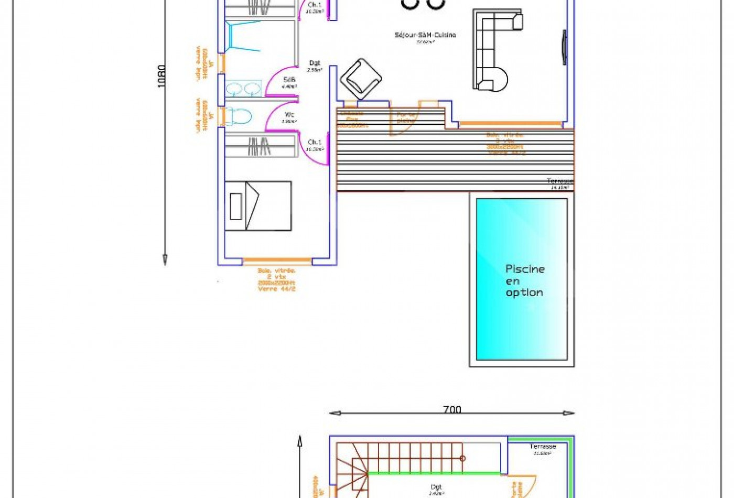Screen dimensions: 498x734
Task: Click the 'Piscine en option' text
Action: tap(524, 281)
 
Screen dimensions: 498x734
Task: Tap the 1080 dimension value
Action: tap(161, 75)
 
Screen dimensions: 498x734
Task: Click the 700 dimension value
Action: tap(451, 409)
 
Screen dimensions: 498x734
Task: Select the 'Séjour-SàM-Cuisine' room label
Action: tap(425, 35)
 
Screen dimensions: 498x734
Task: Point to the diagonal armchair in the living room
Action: tap(361, 79)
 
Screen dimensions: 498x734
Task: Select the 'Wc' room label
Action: tap(289, 115)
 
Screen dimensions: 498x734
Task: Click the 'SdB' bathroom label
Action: tap(289, 80)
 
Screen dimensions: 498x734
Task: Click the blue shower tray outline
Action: tap(243, 36)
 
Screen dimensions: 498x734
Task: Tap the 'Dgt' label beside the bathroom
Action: tap(315, 63)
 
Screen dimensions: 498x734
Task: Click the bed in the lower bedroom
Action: tap(258, 206)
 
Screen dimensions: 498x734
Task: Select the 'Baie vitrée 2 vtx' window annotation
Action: tap(277, 279)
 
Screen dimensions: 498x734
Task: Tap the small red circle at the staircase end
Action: tap(462, 458)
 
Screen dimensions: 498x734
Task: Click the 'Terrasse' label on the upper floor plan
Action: tap(543, 447)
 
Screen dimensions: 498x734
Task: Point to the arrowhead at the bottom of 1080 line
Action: tap(165, 259)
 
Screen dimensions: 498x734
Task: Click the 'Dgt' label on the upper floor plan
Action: tap(436, 487)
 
